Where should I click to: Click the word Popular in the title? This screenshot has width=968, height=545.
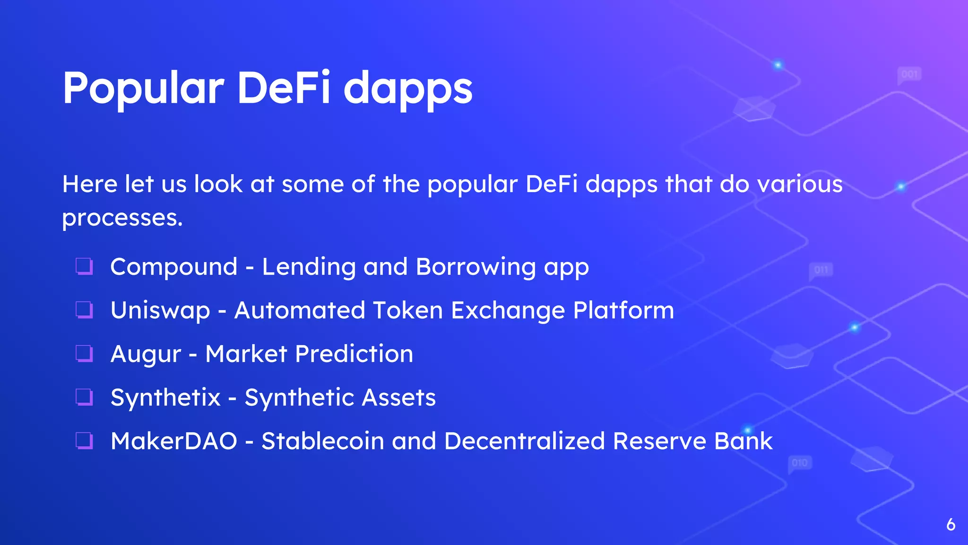click(x=143, y=88)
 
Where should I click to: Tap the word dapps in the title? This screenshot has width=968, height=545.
click(x=407, y=88)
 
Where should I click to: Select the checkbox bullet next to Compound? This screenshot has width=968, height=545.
click(x=85, y=266)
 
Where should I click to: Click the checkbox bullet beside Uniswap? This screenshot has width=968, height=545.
click(x=85, y=310)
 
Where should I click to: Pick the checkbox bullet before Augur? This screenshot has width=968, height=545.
click(x=85, y=353)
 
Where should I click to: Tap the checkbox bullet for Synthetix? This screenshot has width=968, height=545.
click(x=85, y=397)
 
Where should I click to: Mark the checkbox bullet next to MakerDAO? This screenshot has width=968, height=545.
click(x=85, y=440)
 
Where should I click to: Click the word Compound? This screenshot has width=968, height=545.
click(x=173, y=267)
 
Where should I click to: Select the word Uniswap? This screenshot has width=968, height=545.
click(x=160, y=311)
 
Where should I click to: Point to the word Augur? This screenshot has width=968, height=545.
click(x=146, y=354)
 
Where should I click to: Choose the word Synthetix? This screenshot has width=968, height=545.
click(x=165, y=397)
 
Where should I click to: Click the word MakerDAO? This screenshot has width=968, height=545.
click(x=173, y=441)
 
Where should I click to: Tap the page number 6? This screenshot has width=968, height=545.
click(x=951, y=525)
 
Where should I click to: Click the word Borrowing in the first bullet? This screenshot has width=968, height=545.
click(x=475, y=267)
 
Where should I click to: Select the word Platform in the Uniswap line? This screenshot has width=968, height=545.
click(x=623, y=311)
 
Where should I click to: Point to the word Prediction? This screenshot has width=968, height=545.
click(x=354, y=354)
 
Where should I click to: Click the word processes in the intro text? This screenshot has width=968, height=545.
click(x=121, y=218)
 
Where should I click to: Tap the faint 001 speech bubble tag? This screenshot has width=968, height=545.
click(x=909, y=74)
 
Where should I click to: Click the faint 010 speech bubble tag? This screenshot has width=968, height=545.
click(x=799, y=463)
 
